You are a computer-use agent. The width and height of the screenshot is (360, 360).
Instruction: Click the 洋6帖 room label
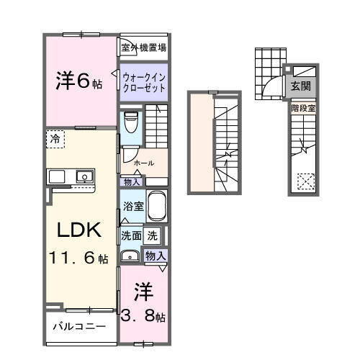pyautogui.click(x=79, y=81)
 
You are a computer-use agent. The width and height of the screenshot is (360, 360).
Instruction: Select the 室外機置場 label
pyautogui.click(x=144, y=48)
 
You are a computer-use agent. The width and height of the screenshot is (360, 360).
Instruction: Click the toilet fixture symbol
pyautogui.click(x=130, y=122)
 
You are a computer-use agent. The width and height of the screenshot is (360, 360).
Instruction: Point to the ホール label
pyautogui.click(x=144, y=163)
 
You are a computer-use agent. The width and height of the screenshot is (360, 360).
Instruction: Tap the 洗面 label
pyautogui.click(x=130, y=235)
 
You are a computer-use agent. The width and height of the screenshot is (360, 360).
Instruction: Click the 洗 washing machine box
pyautogui.click(x=153, y=235)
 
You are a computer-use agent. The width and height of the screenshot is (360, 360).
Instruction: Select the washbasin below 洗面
pyautogui.click(x=130, y=255)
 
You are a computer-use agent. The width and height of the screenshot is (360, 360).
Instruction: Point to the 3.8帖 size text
pyautogui.click(x=144, y=316)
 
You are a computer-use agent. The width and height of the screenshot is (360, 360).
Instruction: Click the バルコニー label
pyautogui.click(x=80, y=326)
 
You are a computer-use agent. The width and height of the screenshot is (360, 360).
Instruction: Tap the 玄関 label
pyautogui.click(x=301, y=85)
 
